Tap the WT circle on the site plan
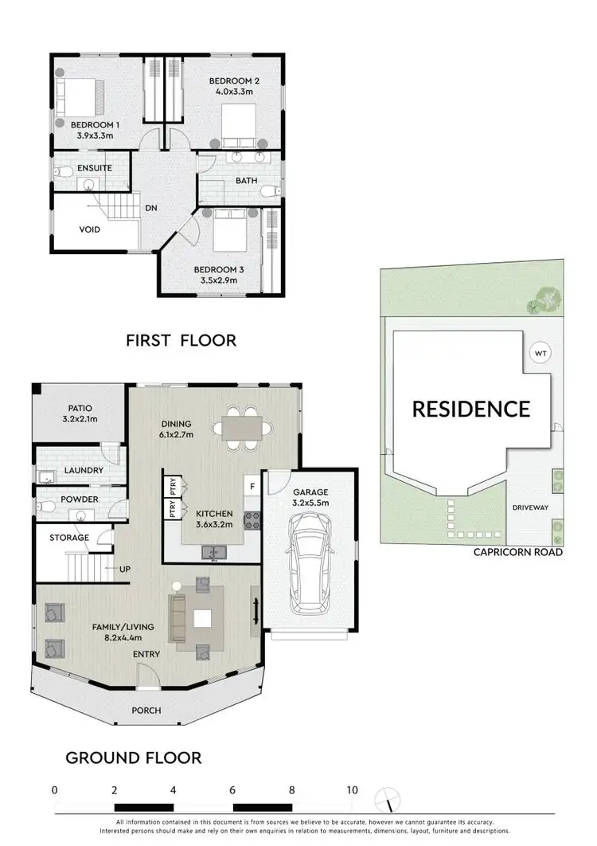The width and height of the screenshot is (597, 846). pos(540,354)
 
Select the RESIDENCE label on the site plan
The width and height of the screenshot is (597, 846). pos(470,409)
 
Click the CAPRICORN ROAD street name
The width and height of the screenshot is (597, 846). pos(519,551)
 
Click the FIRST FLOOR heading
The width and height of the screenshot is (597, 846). pos(181,340)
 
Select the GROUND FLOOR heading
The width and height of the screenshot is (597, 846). pos(133,757)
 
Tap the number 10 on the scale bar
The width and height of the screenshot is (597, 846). pos(352,790)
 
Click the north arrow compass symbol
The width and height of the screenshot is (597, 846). pos(388,797)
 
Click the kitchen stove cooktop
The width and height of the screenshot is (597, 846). pos(253,521)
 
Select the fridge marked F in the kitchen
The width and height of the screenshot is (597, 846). pos(252,485)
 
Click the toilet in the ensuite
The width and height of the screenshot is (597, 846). pos(60,172)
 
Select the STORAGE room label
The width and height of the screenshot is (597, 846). pos(69,538)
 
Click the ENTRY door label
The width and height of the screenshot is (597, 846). pos(147,654)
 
